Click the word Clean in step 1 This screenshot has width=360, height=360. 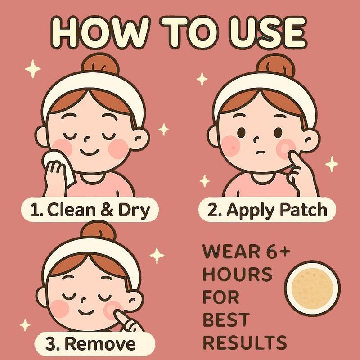pos(72,210)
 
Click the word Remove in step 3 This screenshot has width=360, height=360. pos(100,344)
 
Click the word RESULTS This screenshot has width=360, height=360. pos(245,342)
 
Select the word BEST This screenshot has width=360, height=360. pos(226,319)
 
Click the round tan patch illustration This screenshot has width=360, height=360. pos(312,288)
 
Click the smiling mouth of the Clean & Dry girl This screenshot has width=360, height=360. pos(89,152)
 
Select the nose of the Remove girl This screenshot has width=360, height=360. pos(83,299)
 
